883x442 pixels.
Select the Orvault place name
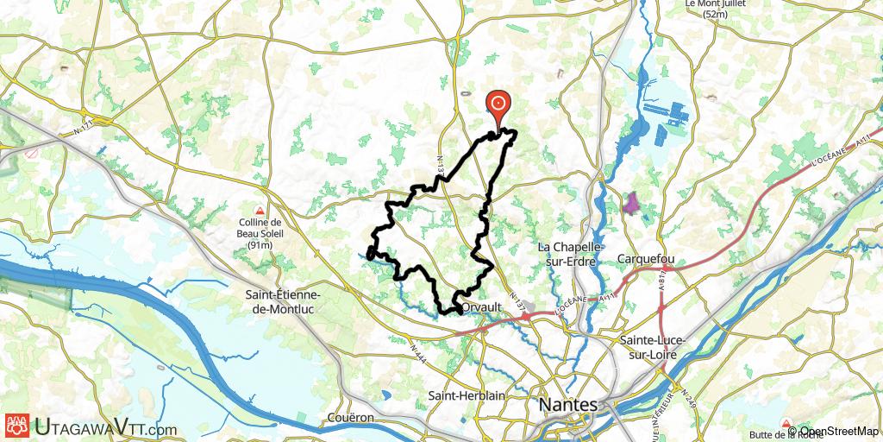[x=482, y=307]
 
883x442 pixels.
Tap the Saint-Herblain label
[x=465, y=395]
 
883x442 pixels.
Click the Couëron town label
[x=350, y=417]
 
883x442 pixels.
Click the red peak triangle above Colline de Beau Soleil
[x=259, y=211]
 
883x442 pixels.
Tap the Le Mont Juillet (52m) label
[x=716, y=9]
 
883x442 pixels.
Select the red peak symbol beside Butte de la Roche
[x=786, y=423]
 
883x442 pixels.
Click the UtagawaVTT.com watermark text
[x=105, y=427]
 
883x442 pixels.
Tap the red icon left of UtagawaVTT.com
[x=16, y=426]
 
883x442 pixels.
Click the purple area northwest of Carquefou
[x=632, y=204]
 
